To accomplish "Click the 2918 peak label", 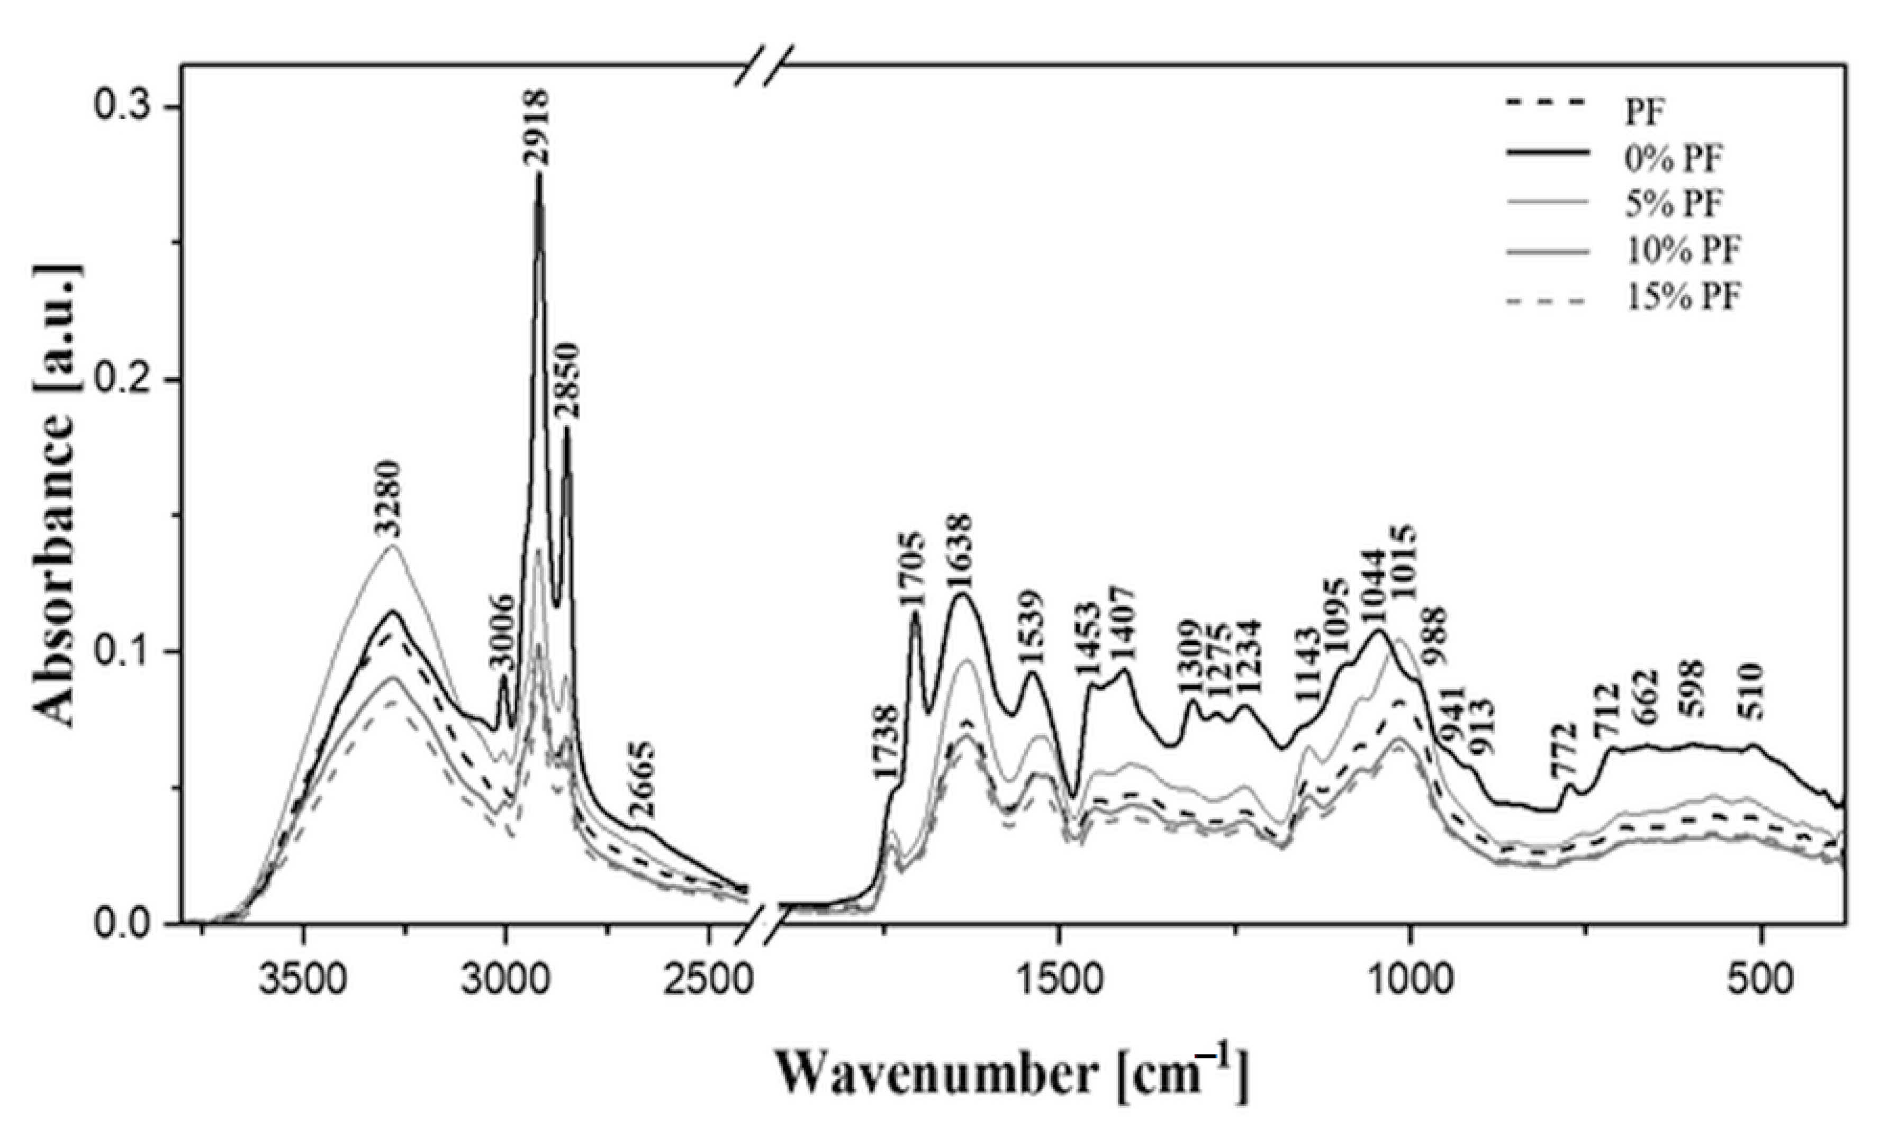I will tap(536, 128).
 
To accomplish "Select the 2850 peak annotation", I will tap(567, 381).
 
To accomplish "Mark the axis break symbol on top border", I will tap(764, 66).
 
